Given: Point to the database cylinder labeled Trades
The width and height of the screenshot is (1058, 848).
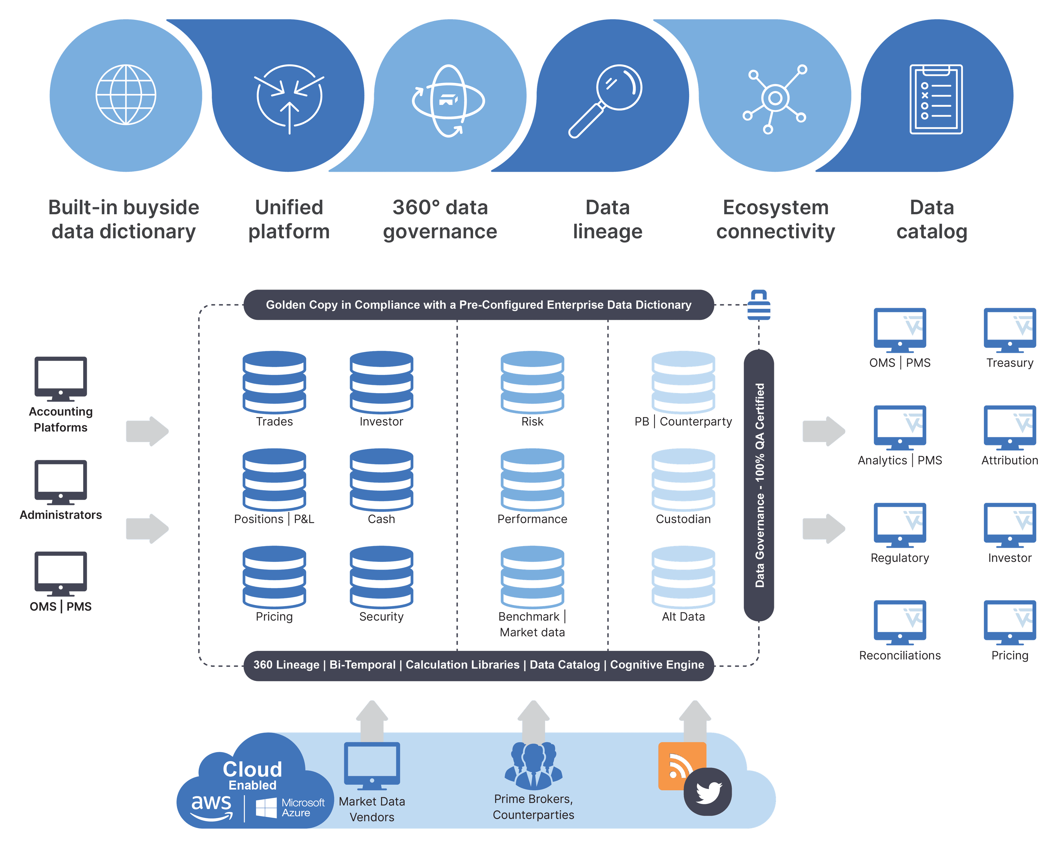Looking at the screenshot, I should point(274,382).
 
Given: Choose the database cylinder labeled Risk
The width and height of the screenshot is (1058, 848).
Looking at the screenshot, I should point(532,382).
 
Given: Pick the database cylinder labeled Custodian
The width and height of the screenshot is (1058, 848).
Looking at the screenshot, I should point(683,480).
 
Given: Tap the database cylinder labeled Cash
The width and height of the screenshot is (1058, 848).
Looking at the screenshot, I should point(381,480).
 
